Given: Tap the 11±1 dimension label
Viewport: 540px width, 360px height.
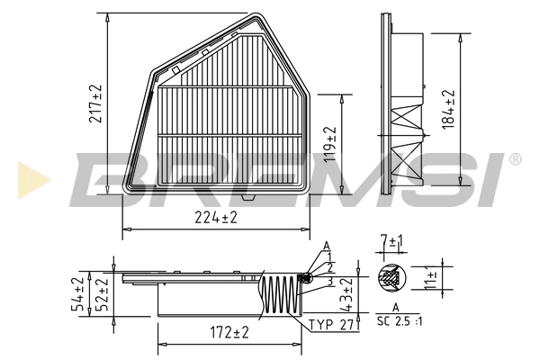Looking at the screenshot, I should pos(430,279).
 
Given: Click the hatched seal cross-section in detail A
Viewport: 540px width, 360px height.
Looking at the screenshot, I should pos(392,279).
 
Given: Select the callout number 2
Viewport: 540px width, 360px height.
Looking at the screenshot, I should pos(330,267).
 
